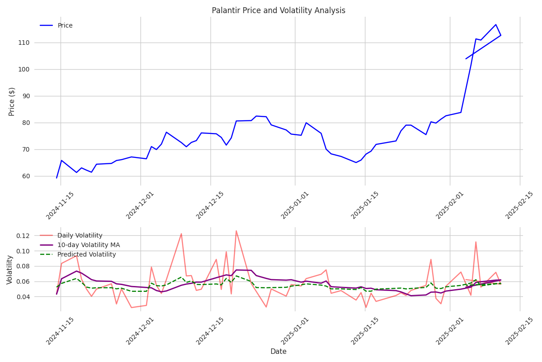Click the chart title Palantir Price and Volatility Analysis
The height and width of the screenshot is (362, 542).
pos(278,10)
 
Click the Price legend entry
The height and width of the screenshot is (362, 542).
pos(65,25)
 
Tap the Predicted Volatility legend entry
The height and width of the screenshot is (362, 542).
pos(86,255)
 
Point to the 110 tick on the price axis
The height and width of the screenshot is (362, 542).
pos(37,43)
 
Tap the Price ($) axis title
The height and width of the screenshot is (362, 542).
pos(12,101)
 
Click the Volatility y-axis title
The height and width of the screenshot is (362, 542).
pos(9,269)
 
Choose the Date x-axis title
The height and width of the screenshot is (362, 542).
pos(278,352)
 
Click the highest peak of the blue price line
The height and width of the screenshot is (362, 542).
pos(495,24)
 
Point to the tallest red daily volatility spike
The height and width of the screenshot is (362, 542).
pos(236,231)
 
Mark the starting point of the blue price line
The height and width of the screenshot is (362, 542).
pos(56,178)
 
